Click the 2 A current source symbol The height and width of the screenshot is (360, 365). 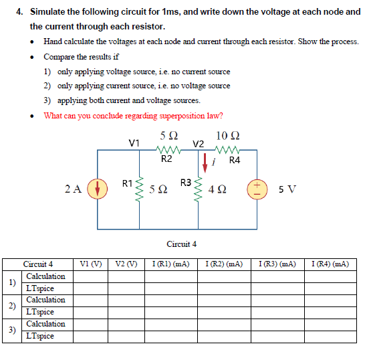[98, 188]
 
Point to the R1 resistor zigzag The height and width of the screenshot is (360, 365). [139, 189]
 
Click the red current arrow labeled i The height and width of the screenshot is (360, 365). [205, 162]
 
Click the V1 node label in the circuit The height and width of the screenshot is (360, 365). [134, 142]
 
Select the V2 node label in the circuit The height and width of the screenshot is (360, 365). [198, 143]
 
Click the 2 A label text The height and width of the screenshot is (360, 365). [74, 189]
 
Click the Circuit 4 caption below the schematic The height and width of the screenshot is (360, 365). [181, 244]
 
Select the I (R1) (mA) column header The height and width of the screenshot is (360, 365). [170, 264]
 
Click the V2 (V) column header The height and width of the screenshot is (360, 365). [126, 264]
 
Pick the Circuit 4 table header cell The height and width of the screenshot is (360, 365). [38, 264]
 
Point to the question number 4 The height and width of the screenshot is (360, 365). [19, 11]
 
